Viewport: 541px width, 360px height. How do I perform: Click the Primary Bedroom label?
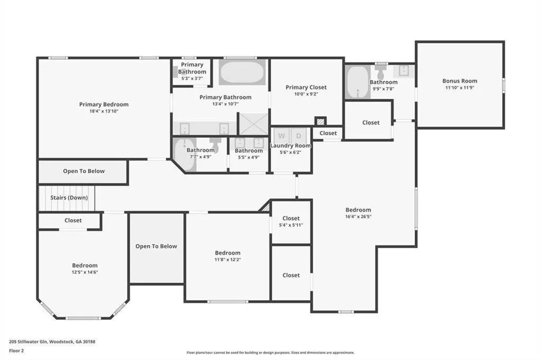pyautogui.click(x=104, y=105)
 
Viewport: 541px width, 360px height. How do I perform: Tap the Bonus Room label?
pyautogui.click(x=460, y=81)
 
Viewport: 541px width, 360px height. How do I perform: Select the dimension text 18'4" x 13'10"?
pyautogui.click(x=104, y=111)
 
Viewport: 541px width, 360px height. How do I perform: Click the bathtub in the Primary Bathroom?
pyautogui.click(x=241, y=73)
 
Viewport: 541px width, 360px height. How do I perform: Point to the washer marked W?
pyautogui.click(x=282, y=135)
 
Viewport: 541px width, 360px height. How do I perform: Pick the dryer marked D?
pyautogui.click(x=299, y=135)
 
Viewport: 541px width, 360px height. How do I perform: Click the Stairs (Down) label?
pyautogui.click(x=69, y=197)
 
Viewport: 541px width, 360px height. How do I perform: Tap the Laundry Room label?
pyautogui.click(x=291, y=146)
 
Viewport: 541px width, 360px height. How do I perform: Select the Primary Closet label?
pyautogui.click(x=306, y=88)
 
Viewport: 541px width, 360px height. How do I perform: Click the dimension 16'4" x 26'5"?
pyautogui.click(x=358, y=216)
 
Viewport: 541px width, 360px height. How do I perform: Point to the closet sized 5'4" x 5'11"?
pyautogui.click(x=291, y=222)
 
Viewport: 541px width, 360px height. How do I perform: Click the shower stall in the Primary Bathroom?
pyautogui.click(x=254, y=124)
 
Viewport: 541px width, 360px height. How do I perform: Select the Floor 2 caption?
pyautogui.click(x=16, y=351)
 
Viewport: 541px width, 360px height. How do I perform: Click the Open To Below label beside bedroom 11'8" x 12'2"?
pyautogui.click(x=156, y=246)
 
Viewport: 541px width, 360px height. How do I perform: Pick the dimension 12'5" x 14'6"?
pyautogui.click(x=85, y=272)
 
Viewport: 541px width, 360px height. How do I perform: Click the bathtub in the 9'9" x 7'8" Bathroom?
pyautogui.click(x=358, y=82)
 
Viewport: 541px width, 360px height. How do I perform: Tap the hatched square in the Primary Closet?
pyautogui.click(x=321, y=121)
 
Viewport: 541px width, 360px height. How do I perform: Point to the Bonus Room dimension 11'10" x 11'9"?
pyautogui.click(x=460, y=88)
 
